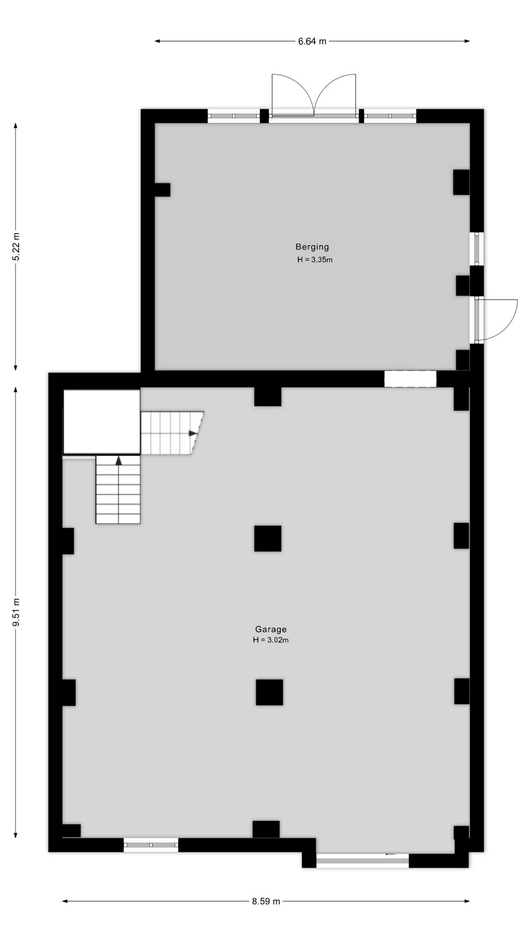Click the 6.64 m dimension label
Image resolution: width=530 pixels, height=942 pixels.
pos(312,41)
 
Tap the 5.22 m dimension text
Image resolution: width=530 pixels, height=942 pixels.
pos(16,247)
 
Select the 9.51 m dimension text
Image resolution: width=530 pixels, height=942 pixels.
pos(16,612)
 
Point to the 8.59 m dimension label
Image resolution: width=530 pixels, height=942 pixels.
pos(266,901)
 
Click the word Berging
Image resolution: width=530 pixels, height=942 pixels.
pos(312,247)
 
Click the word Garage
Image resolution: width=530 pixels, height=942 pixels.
pos(271,629)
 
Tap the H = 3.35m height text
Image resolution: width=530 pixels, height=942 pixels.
pos(315,260)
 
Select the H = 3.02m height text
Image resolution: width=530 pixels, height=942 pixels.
pos(271,640)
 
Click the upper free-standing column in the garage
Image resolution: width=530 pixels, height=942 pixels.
pos(268,538)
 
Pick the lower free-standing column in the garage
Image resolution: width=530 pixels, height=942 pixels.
pos(269,692)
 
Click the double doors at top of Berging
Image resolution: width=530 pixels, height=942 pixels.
pos(314,96)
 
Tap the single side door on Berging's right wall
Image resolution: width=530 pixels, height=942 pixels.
pos(496,320)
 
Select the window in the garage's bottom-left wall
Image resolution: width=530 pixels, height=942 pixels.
pos(151,845)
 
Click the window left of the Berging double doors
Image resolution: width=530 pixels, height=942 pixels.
pos(234,116)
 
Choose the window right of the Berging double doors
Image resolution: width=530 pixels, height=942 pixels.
pos(390,116)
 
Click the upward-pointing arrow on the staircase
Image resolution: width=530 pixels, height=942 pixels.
pos(118,460)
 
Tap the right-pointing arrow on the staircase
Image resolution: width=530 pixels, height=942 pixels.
pos(193,433)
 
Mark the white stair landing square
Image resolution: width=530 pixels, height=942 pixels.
pos(102,422)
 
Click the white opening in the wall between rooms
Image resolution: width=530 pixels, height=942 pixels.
pos(410,379)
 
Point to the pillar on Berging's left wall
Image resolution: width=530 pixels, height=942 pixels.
pos(162,190)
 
